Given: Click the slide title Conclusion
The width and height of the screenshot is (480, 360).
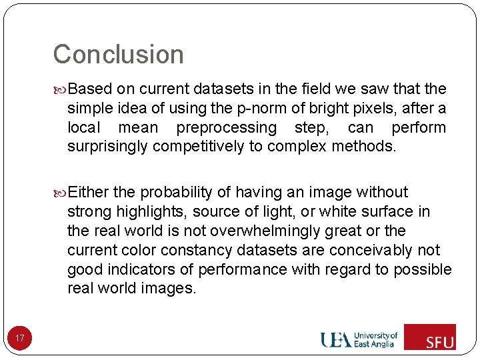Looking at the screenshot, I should click(x=118, y=55).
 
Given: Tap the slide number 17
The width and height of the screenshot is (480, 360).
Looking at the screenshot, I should click(x=20, y=339).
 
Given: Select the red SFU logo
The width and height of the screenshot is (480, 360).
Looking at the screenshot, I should click(x=430, y=337).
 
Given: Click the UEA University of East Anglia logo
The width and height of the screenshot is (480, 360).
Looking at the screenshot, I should click(x=359, y=339).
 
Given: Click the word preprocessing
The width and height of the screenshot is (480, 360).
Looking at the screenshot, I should click(x=226, y=127).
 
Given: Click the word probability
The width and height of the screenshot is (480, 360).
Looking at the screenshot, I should click(x=176, y=193).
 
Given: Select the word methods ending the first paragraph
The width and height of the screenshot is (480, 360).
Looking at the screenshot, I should click(x=366, y=147).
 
